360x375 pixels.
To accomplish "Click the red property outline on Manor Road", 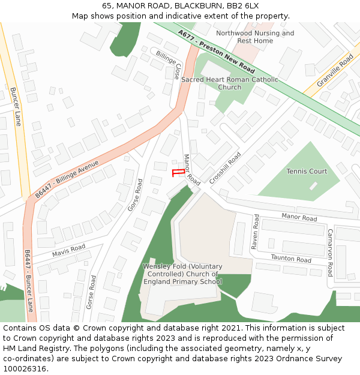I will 178,173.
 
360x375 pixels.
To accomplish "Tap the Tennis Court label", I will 307,172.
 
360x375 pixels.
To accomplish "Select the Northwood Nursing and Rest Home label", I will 255,37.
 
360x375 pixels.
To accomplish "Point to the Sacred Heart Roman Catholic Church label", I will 230,83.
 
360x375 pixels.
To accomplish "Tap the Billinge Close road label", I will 170,65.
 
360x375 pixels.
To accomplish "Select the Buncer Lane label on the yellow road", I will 16,106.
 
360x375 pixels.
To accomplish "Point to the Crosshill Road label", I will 226,167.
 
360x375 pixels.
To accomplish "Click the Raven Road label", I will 255,232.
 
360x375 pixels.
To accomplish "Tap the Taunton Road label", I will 291,259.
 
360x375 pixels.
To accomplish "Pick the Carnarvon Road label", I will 330,252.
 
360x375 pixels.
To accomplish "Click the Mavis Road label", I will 68,250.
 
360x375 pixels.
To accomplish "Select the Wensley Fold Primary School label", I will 182,274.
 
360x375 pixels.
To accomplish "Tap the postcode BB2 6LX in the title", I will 242,5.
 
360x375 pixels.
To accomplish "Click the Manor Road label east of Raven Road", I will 299,217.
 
